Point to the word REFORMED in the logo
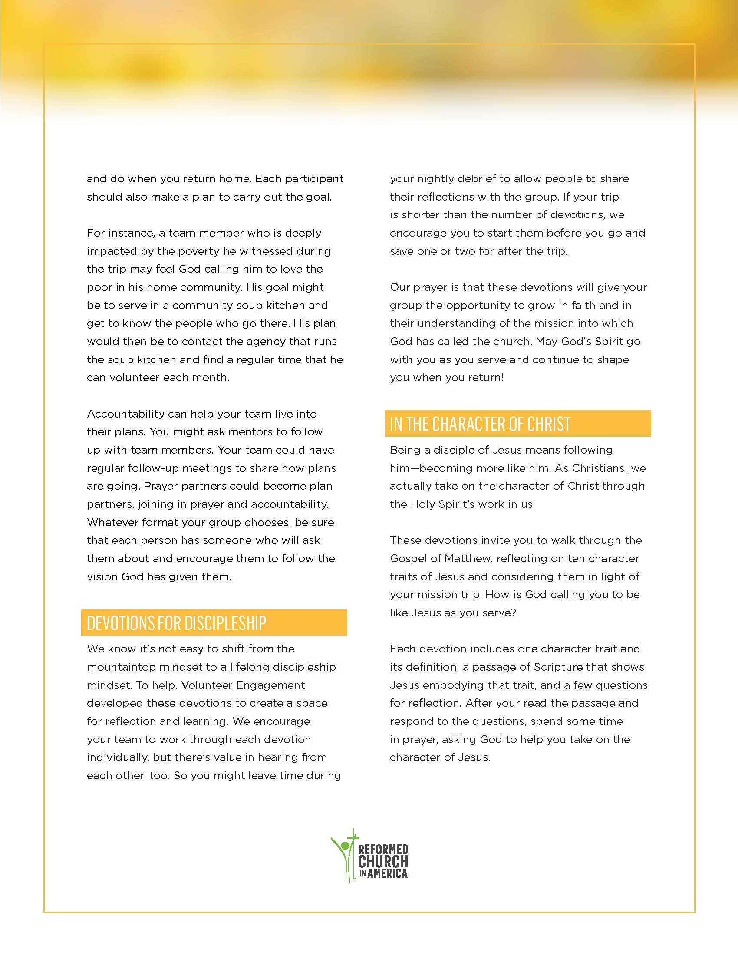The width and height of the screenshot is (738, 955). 383,850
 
